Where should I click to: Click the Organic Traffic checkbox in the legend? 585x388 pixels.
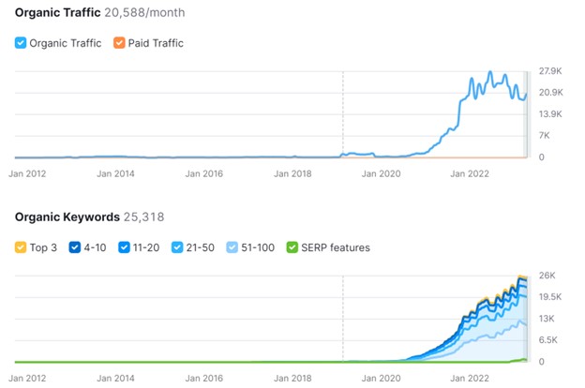click(x=21, y=43)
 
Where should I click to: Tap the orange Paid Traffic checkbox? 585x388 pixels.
click(x=118, y=43)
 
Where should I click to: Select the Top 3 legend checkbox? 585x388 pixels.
click(x=21, y=247)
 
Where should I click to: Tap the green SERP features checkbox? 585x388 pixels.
click(x=292, y=247)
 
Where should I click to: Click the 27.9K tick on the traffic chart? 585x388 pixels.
click(x=550, y=71)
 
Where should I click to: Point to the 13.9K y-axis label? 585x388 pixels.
click(x=550, y=114)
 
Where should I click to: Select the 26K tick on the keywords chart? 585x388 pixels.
click(x=547, y=276)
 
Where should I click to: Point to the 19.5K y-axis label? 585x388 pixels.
click(x=550, y=297)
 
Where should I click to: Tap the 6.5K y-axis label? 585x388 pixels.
click(x=548, y=340)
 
